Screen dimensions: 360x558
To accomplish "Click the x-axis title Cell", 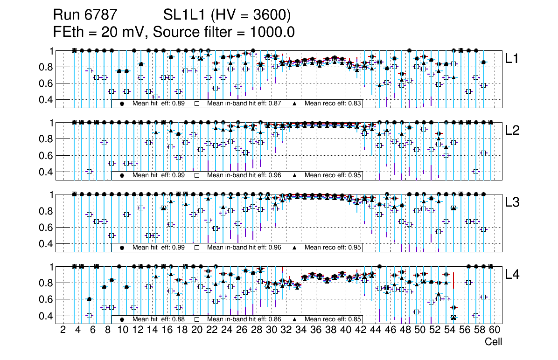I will pyautogui.click(x=493, y=342).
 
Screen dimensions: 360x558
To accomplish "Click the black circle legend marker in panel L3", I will pyautogui.click(x=122, y=248).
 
